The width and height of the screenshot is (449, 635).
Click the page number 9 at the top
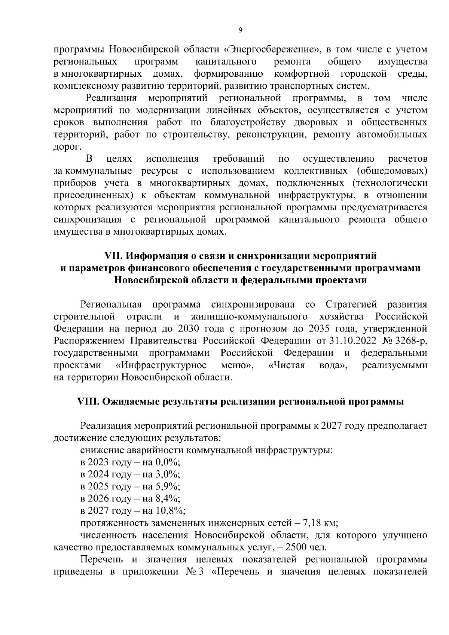point(240,30)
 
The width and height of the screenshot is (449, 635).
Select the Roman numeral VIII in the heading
point(87,402)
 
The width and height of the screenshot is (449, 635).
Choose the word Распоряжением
point(89,341)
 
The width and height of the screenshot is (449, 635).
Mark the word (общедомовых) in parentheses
point(392,171)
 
